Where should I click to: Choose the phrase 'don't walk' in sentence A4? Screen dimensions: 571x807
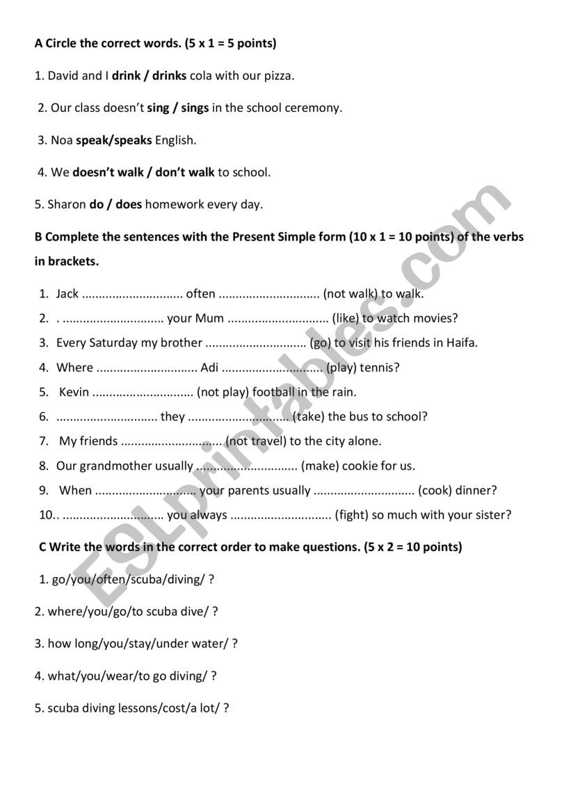pos(185,172)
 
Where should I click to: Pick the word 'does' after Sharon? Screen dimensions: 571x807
pos(129,204)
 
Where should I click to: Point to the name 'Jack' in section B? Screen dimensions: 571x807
pos(67,293)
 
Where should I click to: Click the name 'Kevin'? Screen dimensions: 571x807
pos(74,392)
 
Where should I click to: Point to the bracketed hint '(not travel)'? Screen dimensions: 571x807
pos(256,441)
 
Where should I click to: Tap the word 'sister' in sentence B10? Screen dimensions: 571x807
pos(492,515)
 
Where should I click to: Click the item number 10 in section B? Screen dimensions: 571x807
pos(46,515)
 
